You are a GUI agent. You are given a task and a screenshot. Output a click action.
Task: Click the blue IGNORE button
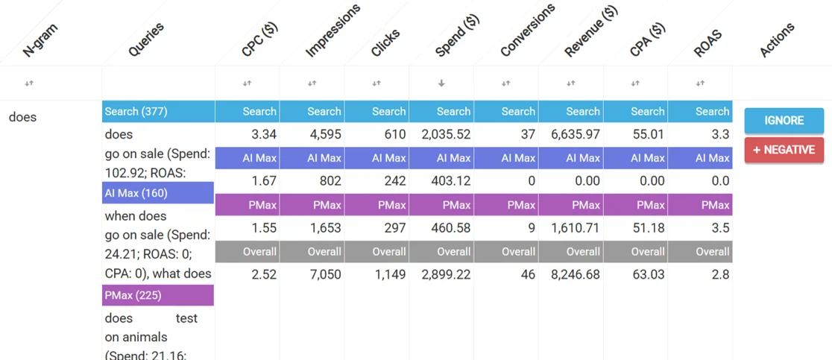click(x=784, y=120)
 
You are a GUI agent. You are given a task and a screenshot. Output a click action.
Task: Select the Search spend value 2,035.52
click(x=447, y=135)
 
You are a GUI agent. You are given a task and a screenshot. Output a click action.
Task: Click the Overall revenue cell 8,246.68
click(x=576, y=274)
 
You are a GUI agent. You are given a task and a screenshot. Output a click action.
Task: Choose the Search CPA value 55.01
click(x=648, y=135)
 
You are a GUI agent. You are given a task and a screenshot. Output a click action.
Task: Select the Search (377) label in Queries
click(x=136, y=111)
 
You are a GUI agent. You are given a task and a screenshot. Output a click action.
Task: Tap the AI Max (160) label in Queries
click(x=136, y=193)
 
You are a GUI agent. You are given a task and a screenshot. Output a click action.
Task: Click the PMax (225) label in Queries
click(x=133, y=295)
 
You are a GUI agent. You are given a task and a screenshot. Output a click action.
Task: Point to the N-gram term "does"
click(x=23, y=117)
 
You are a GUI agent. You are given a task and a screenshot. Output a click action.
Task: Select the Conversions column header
click(x=527, y=31)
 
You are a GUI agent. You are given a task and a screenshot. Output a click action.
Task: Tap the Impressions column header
click(x=333, y=31)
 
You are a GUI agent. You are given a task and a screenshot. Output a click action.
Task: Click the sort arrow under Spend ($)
click(x=441, y=83)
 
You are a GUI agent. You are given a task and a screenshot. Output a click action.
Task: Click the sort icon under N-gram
click(x=29, y=83)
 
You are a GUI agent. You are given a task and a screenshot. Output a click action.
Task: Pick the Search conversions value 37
click(x=529, y=135)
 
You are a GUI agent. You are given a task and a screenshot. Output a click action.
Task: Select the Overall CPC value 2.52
click(x=264, y=274)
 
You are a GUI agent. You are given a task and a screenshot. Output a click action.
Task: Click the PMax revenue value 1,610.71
click(x=576, y=228)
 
